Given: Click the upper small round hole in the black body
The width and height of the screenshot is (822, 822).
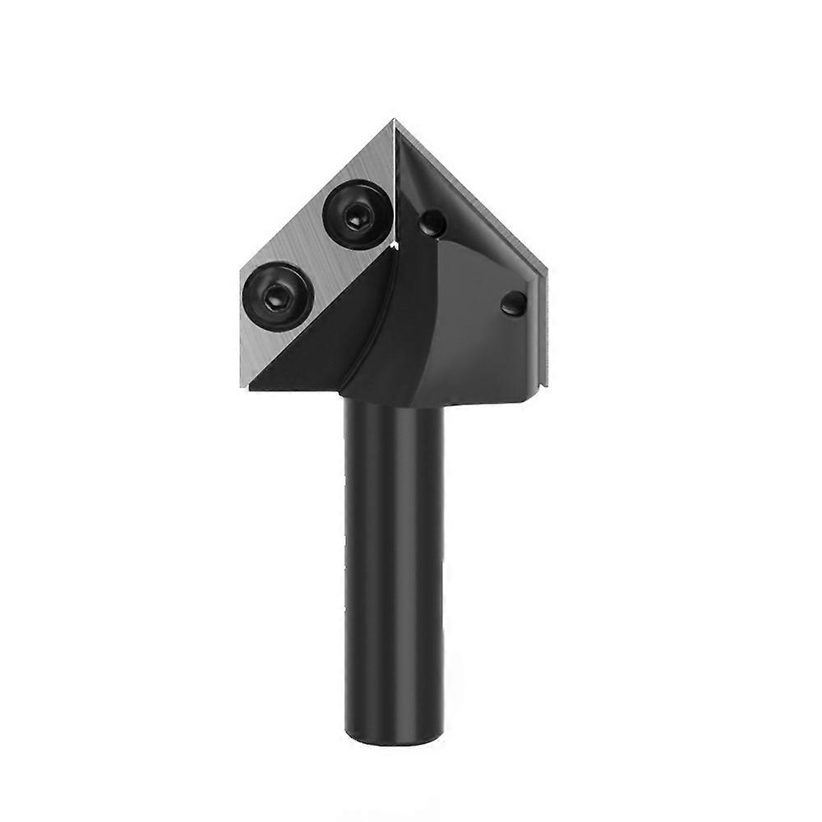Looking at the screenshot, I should pyautogui.click(x=432, y=223).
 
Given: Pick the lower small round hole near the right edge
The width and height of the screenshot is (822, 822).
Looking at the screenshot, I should pyautogui.click(x=514, y=303).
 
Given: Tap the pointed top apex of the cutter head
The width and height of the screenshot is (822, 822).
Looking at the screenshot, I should pyautogui.click(x=395, y=121).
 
